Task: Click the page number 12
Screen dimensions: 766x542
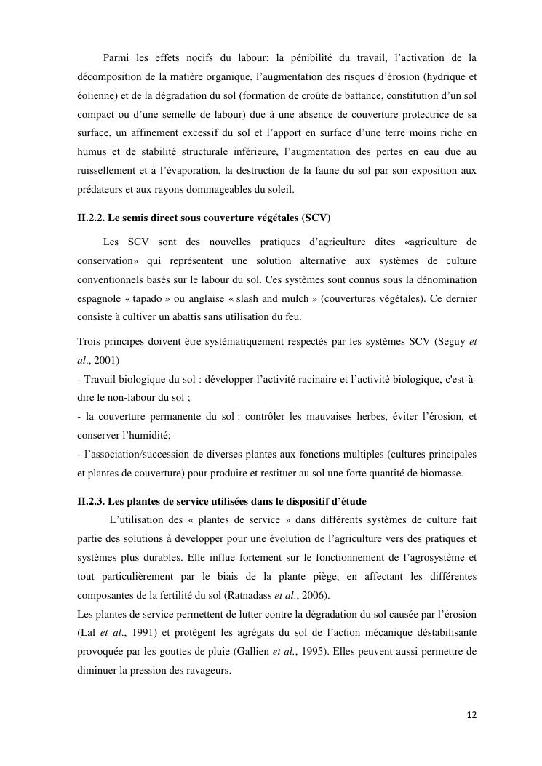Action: click(x=471, y=715)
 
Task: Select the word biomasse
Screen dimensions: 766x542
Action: click(x=448, y=474)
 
